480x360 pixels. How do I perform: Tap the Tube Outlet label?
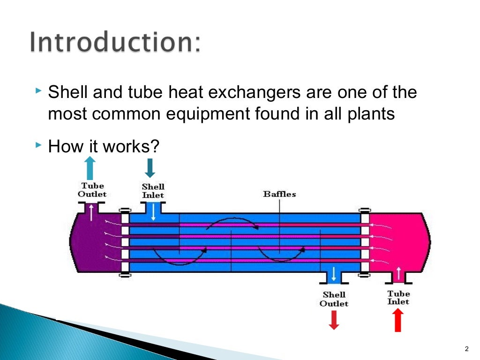point(92,190)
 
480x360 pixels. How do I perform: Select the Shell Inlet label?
point(153,191)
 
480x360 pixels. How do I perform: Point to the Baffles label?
point(279,194)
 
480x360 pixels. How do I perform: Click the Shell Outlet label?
point(334,299)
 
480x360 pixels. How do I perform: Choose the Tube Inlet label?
point(398,298)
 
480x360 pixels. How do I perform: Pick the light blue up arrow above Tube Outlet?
point(90,168)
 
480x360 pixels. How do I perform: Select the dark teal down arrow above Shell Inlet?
point(150,168)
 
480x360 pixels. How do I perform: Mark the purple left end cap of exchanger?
point(94,244)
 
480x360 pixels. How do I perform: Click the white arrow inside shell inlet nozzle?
point(153,212)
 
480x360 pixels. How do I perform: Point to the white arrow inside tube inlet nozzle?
point(398,272)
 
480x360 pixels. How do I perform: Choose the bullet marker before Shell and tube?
point(38,90)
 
